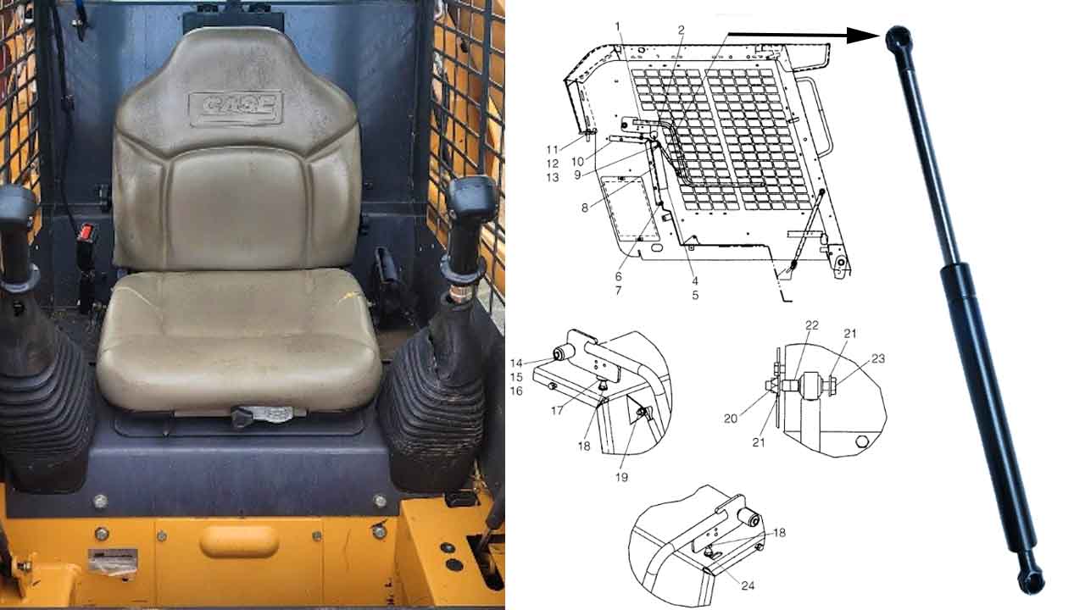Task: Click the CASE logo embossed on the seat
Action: click(236, 108)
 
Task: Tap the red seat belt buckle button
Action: click(87, 232)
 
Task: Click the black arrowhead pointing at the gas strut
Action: click(863, 36)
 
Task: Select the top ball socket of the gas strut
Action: click(899, 38)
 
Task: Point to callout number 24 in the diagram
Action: click(748, 585)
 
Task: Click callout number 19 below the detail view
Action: click(621, 477)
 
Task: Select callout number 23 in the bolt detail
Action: click(878, 358)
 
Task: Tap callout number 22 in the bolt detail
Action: click(812, 325)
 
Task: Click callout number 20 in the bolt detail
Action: click(731, 419)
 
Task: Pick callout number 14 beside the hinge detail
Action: click(516, 363)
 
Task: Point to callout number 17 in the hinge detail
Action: click(557, 411)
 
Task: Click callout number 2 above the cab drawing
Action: click(681, 30)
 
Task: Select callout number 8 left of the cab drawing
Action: click(585, 208)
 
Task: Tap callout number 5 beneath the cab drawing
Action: click(695, 295)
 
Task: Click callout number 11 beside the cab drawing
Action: click(552, 150)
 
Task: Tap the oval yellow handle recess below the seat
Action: click(239, 541)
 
